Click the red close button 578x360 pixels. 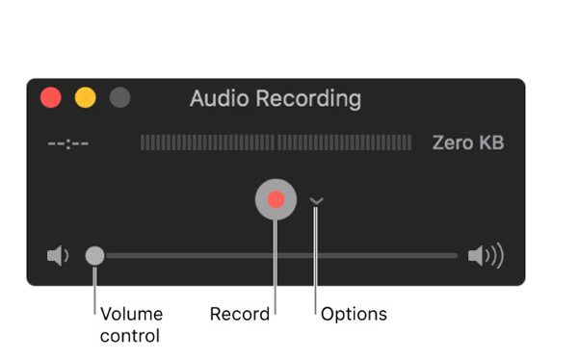tap(51, 97)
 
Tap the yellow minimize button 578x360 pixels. tap(86, 97)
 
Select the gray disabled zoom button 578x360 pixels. tap(120, 97)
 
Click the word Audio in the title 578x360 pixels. tap(220, 99)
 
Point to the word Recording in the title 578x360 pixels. tap(308, 99)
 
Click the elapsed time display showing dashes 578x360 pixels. tap(68, 143)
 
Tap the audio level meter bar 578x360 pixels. tap(276, 142)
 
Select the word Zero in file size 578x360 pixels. tap(454, 142)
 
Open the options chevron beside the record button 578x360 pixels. tap(316, 201)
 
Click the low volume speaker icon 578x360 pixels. tap(58, 255)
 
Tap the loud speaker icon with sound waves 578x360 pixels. tap(486, 255)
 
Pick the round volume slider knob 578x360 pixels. tap(95, 256)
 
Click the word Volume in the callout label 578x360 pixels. tap(132, 315)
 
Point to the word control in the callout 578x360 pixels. tap(130, 336)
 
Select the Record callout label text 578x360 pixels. tap(240, 315)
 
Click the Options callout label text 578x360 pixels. tap(354, 315)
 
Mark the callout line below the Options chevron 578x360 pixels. tap(316, 261)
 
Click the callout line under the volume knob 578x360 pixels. tap(94, 291)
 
